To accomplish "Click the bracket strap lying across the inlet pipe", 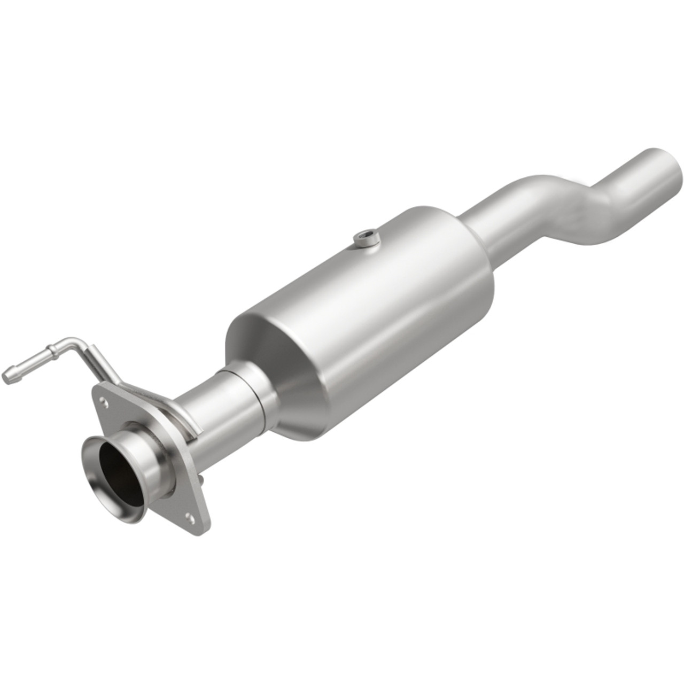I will point(176,412).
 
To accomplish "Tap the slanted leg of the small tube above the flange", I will point(102,363).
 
